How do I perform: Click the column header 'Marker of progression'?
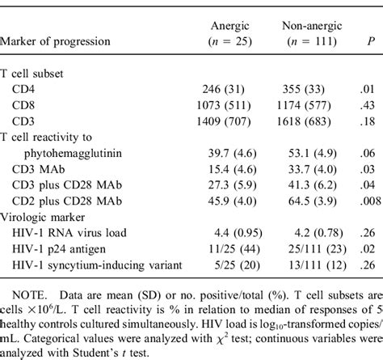(57, 42)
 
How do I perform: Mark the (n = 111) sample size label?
(302, 42)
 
